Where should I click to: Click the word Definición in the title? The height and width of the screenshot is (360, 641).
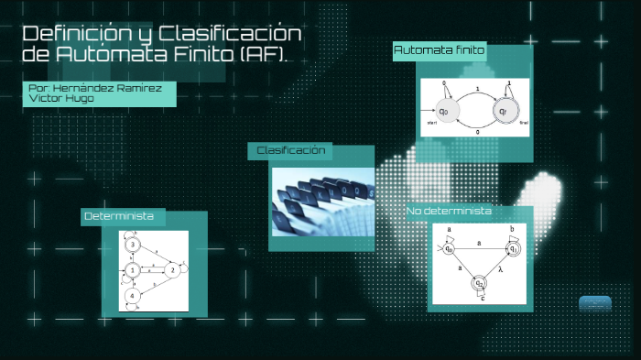tap(72, 35)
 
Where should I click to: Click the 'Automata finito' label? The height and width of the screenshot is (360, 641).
tap(440, 49)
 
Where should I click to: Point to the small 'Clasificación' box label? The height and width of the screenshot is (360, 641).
tap(291, 150)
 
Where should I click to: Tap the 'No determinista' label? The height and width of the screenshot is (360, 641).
tap(450, 212)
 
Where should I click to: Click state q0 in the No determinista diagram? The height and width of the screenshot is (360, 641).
tap(450, 247)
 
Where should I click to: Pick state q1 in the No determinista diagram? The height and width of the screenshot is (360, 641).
tap(514, 248)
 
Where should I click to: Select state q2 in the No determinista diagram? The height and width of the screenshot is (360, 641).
tap(481, 284)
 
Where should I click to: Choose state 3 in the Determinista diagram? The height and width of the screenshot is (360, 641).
tap(134, 245)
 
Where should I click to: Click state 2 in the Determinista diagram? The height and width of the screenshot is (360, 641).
tap(172, 270)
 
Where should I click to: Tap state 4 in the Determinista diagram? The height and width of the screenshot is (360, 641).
tap(134, 296)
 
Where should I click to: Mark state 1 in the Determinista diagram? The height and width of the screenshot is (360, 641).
tap(134, 270)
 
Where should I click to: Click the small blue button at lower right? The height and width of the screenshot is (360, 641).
tap(594, 303)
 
